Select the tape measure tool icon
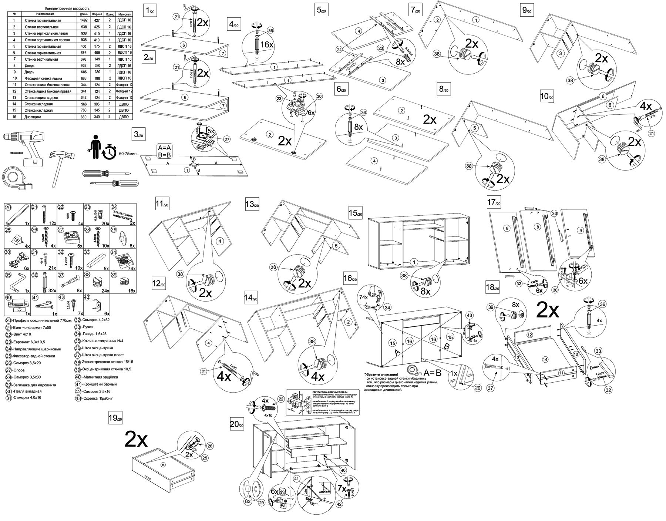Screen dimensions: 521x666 coord(14,178)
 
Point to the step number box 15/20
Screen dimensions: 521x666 coord(355,213)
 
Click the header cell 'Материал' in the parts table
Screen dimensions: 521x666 coord(124,14)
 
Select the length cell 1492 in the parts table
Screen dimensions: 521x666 coord(84,21)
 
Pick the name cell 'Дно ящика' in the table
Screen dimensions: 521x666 coord(33,117)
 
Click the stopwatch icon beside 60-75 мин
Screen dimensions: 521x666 coord(110,153)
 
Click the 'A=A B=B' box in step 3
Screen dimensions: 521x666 coord(164,151)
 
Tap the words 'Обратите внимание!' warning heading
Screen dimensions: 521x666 coord(381,374)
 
